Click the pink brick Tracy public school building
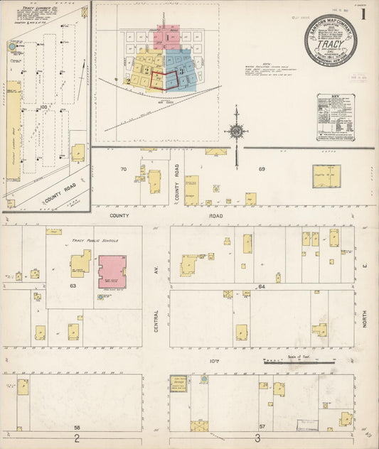click(112, 271)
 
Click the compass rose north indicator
click(235, 131)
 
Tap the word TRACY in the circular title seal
click(331, 42)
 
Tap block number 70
click(123, 170)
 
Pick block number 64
click(261, 286)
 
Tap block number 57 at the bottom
click(262, 426)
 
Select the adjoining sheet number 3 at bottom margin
click(257, 438)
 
